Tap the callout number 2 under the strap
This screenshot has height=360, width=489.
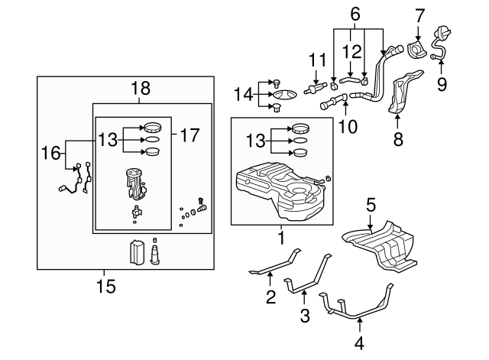click(x=270, y=297)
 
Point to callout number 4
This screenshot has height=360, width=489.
click(x=360, y=343)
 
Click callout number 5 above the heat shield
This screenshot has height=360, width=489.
click(x=370, y=205)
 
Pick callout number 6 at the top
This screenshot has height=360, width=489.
click(x=354, y=13)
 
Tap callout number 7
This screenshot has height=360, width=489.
click(x=419, y=15)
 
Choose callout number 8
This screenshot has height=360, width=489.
click(x=397, y=140)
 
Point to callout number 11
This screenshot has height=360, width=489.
click(x=316, y=59)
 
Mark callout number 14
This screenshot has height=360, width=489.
click(x=243, y=94)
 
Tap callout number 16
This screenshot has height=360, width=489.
click(x=50, y=153)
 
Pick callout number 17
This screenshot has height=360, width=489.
click(x=190, y=136)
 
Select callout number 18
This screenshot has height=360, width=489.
click(x=140, y=89)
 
